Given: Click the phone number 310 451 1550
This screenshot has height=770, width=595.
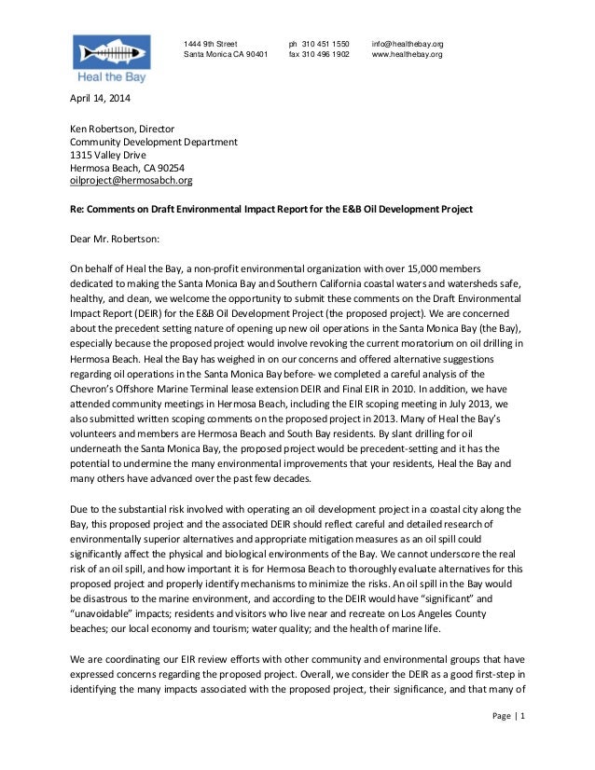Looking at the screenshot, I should point(319,44).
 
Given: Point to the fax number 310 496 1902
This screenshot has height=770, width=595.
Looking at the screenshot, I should point(319,55).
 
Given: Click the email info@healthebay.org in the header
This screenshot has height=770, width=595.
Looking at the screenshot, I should point(408,44).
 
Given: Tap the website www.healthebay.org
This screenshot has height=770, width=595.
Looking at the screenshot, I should point(407,55).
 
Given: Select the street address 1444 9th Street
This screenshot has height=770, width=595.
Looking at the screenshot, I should point(211,44).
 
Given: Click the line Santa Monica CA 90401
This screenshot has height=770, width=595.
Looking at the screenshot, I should point(226,55).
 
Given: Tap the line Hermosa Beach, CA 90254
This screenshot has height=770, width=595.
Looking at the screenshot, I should point(119,169).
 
